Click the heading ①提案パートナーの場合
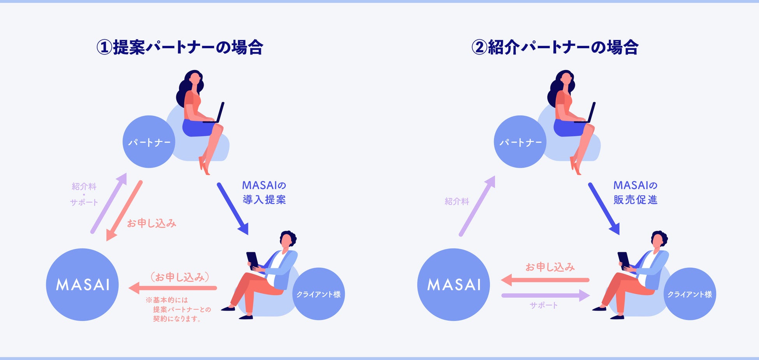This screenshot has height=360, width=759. tap(180, 47)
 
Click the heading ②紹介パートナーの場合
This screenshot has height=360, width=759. tap(555, 47)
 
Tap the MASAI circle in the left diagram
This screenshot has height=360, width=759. tap(82, 284)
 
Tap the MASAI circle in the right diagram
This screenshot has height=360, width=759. tap(453, 284)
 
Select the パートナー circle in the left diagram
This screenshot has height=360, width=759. tap(149, 142)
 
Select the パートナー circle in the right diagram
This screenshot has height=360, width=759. tap(520, 142)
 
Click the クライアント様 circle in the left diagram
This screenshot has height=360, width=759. tap(318, 294)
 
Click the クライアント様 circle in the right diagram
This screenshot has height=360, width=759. tap(690, 294)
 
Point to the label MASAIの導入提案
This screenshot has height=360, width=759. tap(264, 192)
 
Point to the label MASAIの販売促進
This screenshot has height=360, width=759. tap(636, 192)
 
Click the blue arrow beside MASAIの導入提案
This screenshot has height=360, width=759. tap(232, 208)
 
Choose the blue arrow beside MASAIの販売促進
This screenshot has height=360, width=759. tap(604, 208)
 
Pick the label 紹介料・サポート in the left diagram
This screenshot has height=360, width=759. tap(84, 194)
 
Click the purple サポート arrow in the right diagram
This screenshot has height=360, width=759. tap(545, 295)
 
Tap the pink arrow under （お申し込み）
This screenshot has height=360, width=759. tap(173, 288)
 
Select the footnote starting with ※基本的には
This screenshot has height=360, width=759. tap(178, 309)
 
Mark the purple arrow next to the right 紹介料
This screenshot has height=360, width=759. tap(477, 206)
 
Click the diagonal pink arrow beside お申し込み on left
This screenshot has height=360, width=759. tap(124, 210)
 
